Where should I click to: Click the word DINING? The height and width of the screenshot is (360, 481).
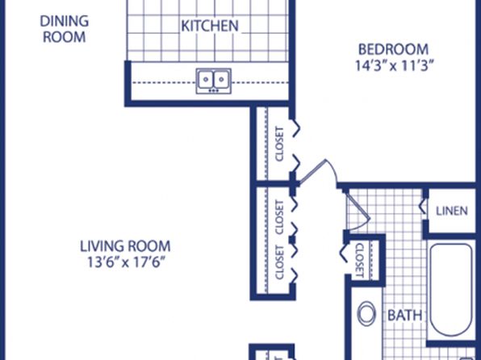[65, 21]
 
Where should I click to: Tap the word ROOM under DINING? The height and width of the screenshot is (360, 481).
[64, 37]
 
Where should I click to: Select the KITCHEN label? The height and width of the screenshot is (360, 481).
[210, 26]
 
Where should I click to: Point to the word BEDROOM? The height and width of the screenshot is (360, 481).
[394, 49]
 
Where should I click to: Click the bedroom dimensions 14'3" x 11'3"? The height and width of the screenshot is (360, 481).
[395, 65]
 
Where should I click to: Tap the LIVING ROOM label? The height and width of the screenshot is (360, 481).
[125, 246]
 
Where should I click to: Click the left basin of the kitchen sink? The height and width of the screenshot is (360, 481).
[206, 79]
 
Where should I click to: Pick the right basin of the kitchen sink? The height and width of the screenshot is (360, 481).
[221, 79]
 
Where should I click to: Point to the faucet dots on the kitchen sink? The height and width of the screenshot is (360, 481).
[214, 90]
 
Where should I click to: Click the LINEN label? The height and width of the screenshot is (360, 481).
[452, 211]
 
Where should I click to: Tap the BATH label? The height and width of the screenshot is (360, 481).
[404, 315]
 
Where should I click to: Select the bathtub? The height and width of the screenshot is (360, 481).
[450, 290]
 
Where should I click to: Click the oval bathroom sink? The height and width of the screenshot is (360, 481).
[366, 313]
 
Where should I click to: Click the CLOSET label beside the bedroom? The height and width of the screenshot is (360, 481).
[279, 144]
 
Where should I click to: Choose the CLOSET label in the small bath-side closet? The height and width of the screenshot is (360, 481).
[360, 260]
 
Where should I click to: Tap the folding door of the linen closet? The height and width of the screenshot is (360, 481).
[423, 206]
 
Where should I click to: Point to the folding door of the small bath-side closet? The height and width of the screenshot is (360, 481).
[344, 253]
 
